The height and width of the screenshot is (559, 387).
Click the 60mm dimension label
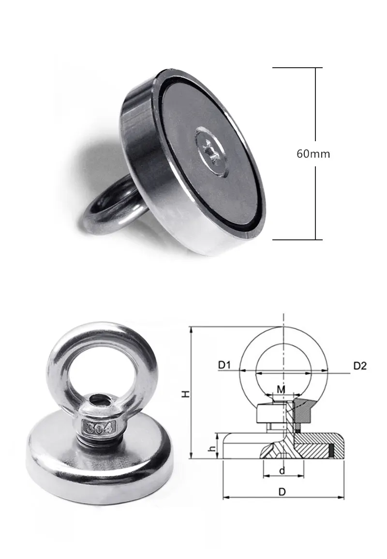point(313,154)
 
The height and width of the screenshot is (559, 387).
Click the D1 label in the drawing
point(225,365)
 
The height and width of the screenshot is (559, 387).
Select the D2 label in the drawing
point(360,366)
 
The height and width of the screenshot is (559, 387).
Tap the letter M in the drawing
point(281,389)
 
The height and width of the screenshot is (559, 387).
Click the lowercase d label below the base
point(282,471)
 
